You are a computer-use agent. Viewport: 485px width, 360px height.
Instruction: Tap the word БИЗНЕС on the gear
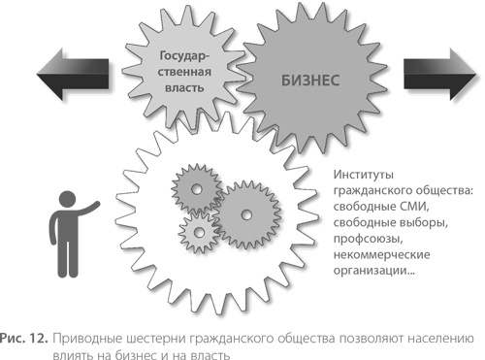pos(311,81)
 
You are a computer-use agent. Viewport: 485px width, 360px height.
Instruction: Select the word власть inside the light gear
pos(186,90)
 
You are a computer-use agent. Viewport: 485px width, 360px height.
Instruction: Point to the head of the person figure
pos(70,196)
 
